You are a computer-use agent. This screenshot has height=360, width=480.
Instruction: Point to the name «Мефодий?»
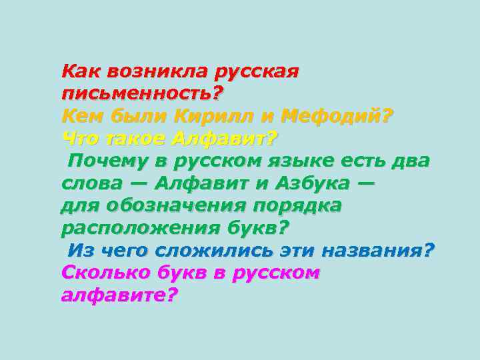point(338,117)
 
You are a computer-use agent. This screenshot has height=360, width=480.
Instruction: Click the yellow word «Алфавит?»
point(224,139)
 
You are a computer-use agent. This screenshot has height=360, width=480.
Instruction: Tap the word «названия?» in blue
point(377,251)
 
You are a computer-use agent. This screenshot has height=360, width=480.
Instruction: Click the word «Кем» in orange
point(79,117)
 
